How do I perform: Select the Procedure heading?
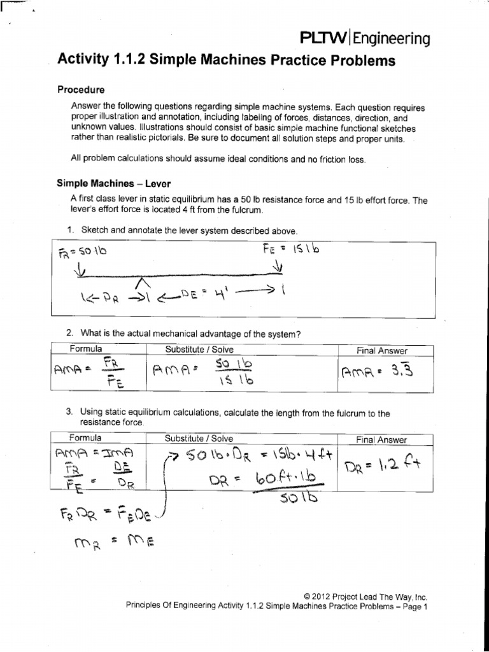tap(81, 90)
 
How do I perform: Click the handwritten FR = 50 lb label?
tap(83, 252)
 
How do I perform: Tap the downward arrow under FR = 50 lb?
tap(80, 273)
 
